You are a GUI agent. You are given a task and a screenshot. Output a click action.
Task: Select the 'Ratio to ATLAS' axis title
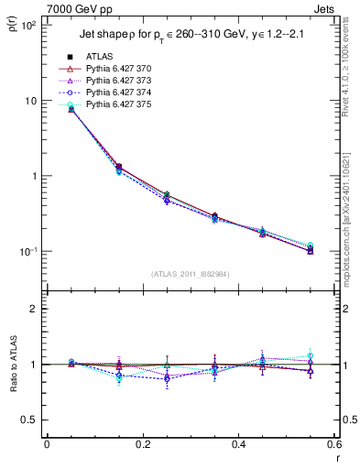point(12,365)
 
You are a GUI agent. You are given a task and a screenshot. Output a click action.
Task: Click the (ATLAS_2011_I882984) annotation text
point(191,275)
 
